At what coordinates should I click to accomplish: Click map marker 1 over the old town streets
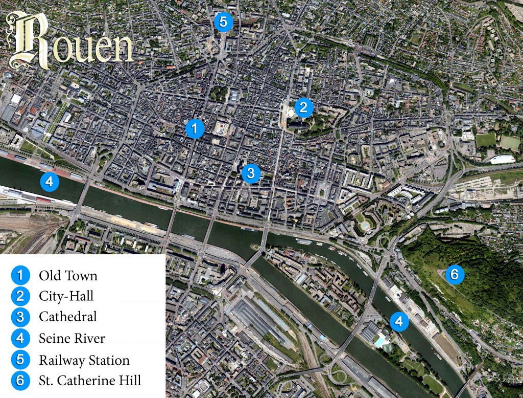pos(195,128)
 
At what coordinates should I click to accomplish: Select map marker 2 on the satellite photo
pos(303,107)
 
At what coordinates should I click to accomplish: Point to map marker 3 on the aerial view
pos(250,173)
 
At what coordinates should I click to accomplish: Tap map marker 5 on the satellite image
pos(223,21)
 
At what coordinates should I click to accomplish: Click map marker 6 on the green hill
pos(454,275)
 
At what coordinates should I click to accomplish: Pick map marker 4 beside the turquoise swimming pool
pos(399,321)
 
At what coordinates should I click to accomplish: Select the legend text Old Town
pos(68,276)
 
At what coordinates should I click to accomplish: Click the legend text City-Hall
pos(66,296)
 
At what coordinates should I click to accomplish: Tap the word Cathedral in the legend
pos(68,317)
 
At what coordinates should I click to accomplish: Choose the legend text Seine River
pos(72,338)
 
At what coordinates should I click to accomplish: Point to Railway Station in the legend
pos(84,360)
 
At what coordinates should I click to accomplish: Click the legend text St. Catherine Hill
pos(90,381)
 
